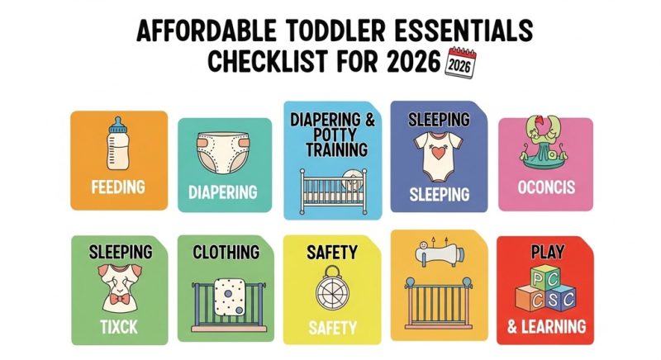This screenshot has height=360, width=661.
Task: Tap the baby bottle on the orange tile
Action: (x=119, y=145)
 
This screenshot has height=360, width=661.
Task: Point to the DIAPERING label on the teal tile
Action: (x=224, y=192)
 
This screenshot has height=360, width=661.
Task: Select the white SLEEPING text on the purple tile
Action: (x=439, y=195)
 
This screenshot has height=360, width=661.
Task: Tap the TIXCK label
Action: (x=118, y=326)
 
